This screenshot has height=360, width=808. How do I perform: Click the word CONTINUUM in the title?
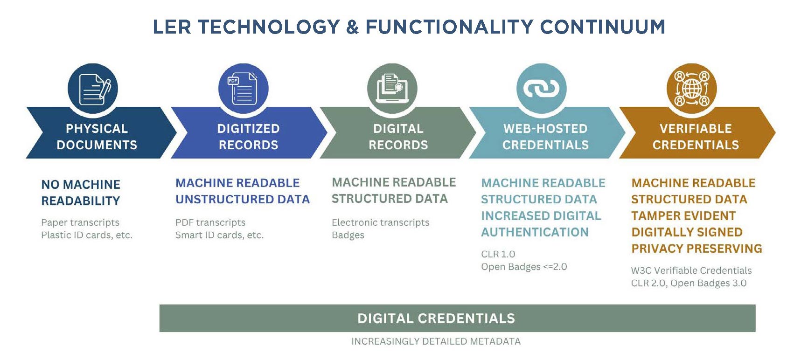click(603, 27)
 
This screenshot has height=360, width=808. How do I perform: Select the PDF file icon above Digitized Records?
click(243, 89)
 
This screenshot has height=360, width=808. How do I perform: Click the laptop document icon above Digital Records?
click(392, 89)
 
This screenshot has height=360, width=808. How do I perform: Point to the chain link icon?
click(542, 89)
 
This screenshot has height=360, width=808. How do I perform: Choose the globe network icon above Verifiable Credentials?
click(691, 89)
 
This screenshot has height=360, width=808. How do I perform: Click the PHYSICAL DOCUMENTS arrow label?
click(97, 137)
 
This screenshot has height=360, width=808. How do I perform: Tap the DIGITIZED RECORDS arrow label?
click(249, 137)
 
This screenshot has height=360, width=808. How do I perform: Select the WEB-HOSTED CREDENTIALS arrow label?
click(545, 137)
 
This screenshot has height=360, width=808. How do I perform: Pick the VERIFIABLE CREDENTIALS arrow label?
click(696, 137)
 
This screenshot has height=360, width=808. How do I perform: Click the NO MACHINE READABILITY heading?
click(81, 193)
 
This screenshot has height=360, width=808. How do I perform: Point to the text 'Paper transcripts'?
click(80, 222)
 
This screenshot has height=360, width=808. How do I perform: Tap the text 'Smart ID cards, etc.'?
click(219, 235)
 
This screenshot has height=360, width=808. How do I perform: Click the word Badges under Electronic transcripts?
click(348, 235)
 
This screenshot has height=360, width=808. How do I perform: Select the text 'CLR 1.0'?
click(498, 254)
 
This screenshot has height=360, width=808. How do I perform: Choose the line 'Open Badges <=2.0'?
click(524, 267)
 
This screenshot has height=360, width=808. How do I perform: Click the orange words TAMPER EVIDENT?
click(683, 216)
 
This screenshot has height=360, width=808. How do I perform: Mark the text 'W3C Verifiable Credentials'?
click(691, 270)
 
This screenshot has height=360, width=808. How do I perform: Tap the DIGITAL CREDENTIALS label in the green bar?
click(436, 318)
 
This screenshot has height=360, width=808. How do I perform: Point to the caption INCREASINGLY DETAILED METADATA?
click(436, 341)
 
